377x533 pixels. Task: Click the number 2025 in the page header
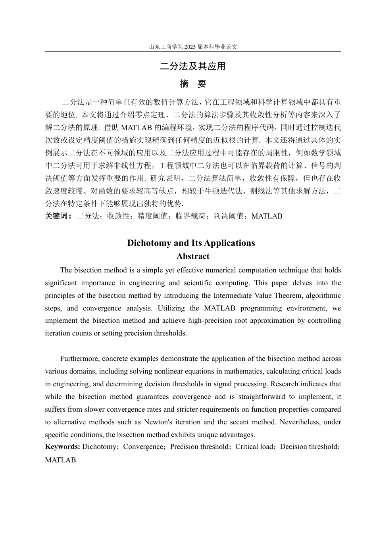(190, 47)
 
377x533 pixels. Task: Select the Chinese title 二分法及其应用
(193, 66)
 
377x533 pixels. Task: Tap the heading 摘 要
(193, 84)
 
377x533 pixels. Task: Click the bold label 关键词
(58, 216)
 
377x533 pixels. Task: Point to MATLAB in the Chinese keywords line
(267, 216)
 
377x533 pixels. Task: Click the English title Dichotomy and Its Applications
(191, 243)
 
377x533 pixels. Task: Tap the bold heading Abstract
(193, 257)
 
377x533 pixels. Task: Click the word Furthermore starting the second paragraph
(79, 359)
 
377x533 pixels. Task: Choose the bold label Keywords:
(63, 447)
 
